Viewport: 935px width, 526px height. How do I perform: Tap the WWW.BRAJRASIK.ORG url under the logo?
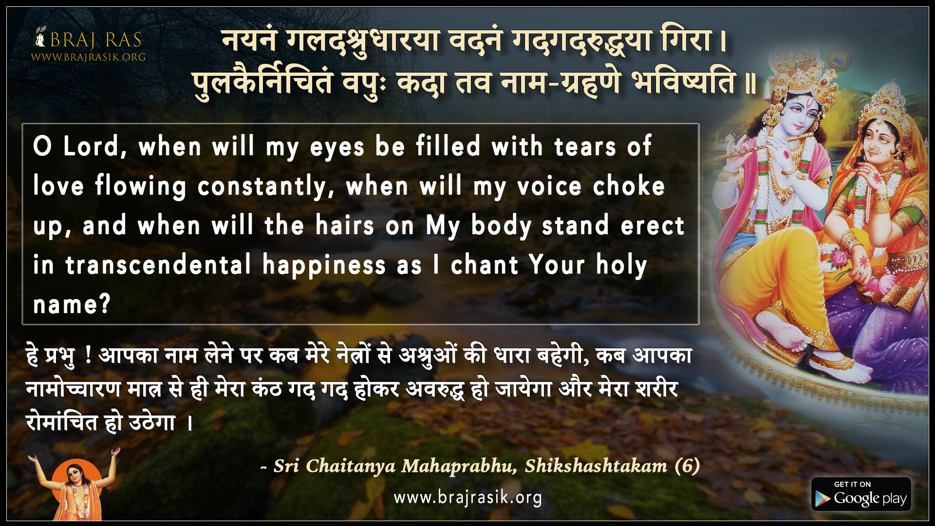coord(88,57)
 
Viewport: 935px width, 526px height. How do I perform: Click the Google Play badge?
coord(861,494)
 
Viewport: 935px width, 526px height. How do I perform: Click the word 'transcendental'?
coord(158,265)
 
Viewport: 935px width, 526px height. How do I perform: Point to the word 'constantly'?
coord(265,187)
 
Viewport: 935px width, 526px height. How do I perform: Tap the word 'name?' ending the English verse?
coord(72,305)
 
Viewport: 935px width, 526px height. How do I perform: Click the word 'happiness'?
coord(324,266)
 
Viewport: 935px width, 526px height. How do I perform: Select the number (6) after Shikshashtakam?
coord(688,466)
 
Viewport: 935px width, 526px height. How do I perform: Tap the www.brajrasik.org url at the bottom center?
coord(467,497)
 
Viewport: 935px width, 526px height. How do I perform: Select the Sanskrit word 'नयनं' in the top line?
coord(249,41)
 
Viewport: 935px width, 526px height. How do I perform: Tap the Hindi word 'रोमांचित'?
coord(62,422)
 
